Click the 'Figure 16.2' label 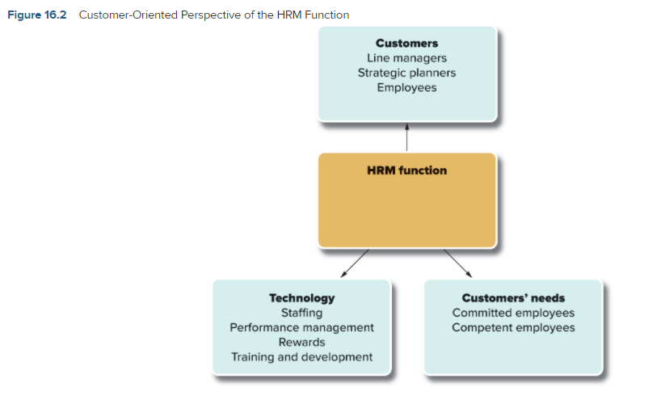click(37, 15)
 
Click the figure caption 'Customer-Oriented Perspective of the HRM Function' click(214, 15)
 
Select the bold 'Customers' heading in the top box click(406, 43)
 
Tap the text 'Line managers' click(406, 58)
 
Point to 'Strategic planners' click(406, 73)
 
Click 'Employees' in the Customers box click(406, 87)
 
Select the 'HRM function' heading click(406, 171)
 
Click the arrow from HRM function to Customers click(406, 137)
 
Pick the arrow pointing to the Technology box click(355, 263)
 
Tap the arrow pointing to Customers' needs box click(458, 263)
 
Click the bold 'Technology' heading click(302, 298)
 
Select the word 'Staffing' click(302, 313)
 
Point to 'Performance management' click(302, 327)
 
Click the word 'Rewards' click(302, 343)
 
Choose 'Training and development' click(302, 357)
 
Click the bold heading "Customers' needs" click(513, 298)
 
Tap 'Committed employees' click(513, 313)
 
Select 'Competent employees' click(513, 327)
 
